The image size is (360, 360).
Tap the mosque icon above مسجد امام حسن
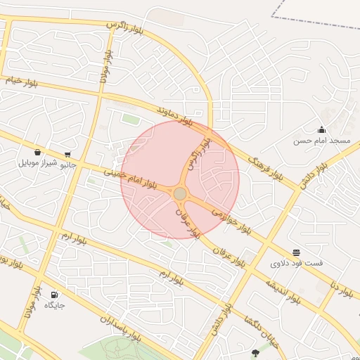(x=321, y=129)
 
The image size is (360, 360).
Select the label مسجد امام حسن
(x=321, y=141)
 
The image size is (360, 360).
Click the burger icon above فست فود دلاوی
(x=296, y=252)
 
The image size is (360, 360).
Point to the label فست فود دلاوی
(x=297, y=264)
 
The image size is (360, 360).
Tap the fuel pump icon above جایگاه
(x=55, y=294)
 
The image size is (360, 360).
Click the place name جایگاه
(x=55, y=305)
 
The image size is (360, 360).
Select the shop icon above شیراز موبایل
(x=37, y=152)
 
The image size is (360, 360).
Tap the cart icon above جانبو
(x=67, y=155)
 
